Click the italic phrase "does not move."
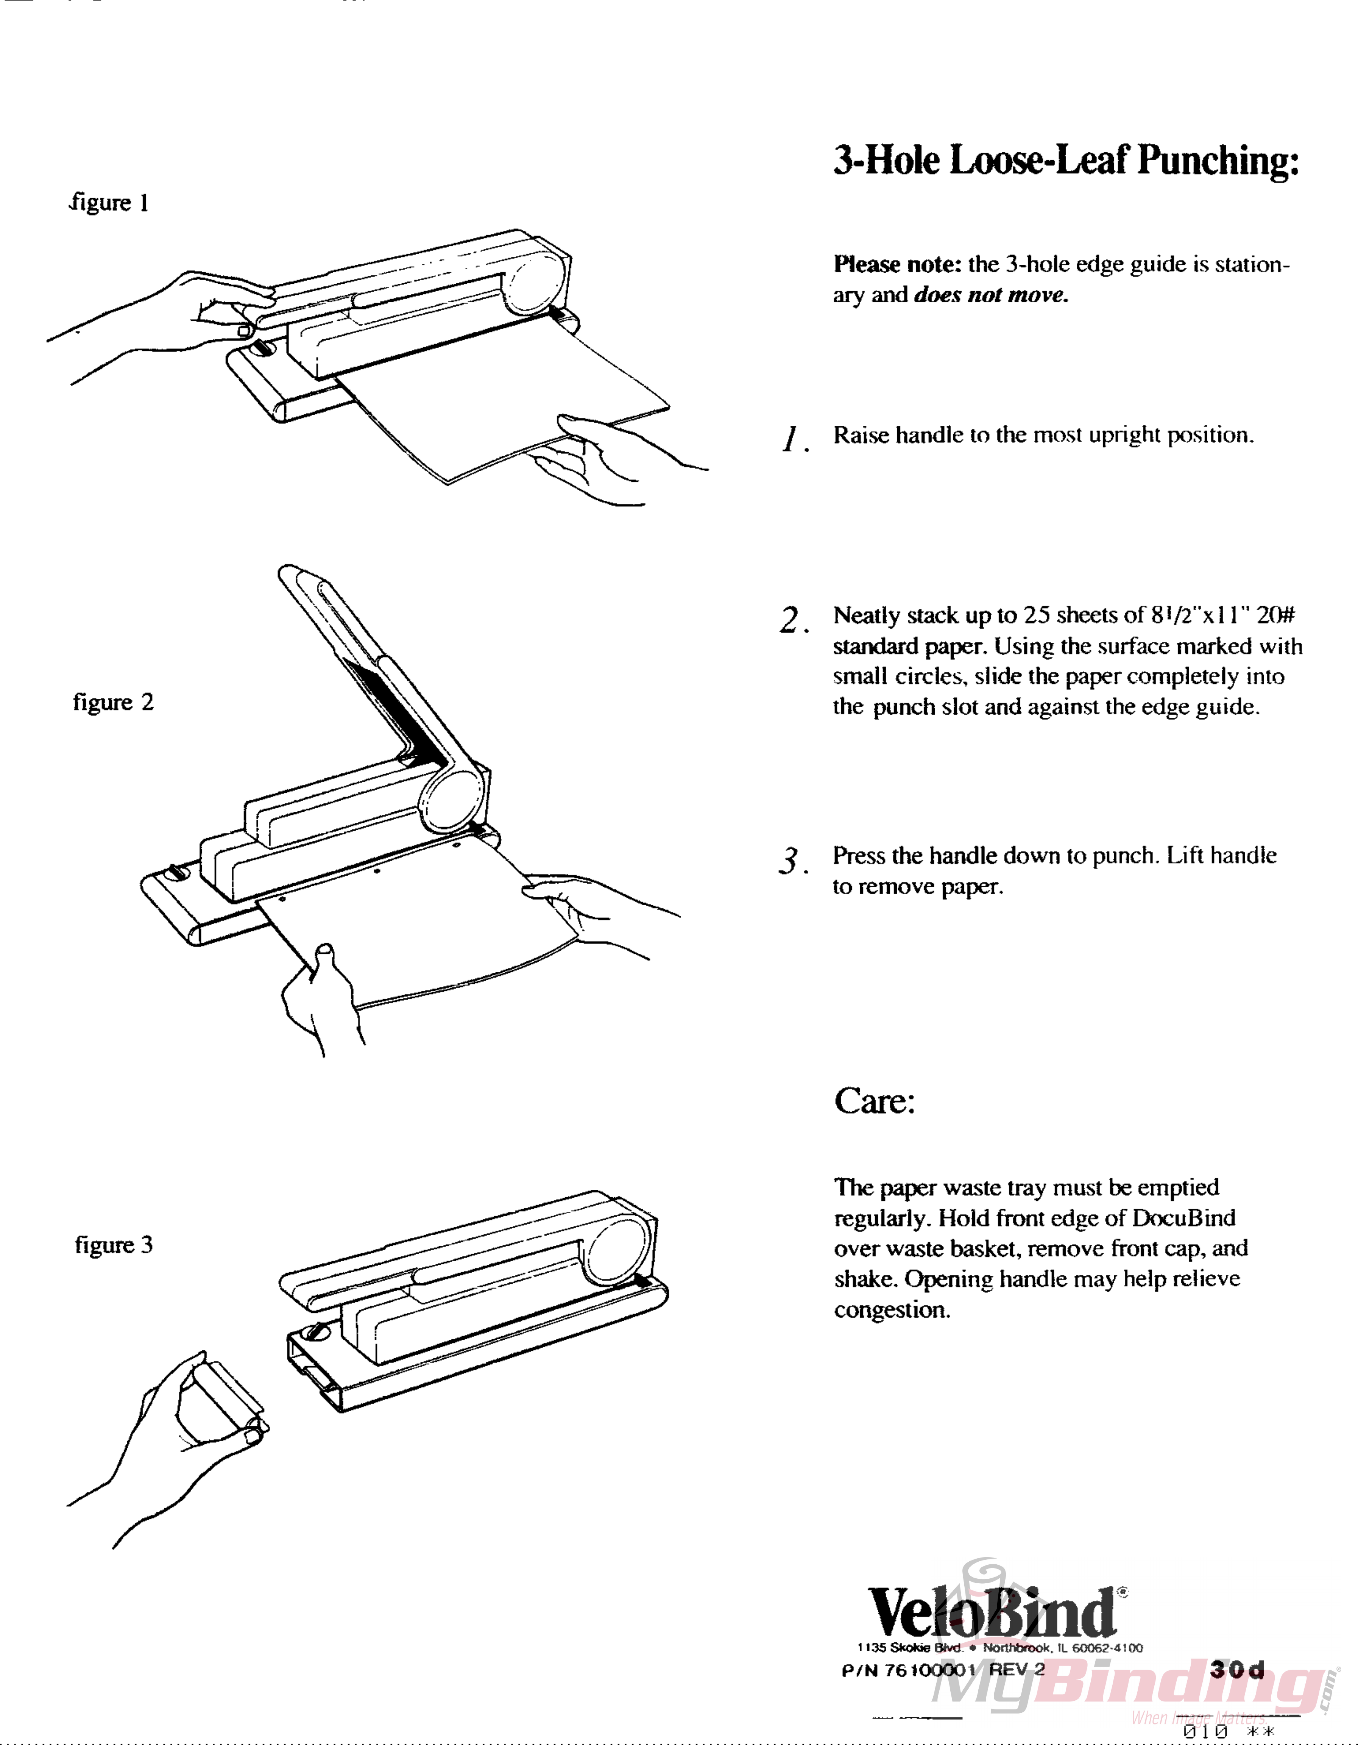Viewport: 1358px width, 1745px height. (x=990, y=295)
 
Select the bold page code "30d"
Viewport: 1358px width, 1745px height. (x=1236, y=1669)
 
